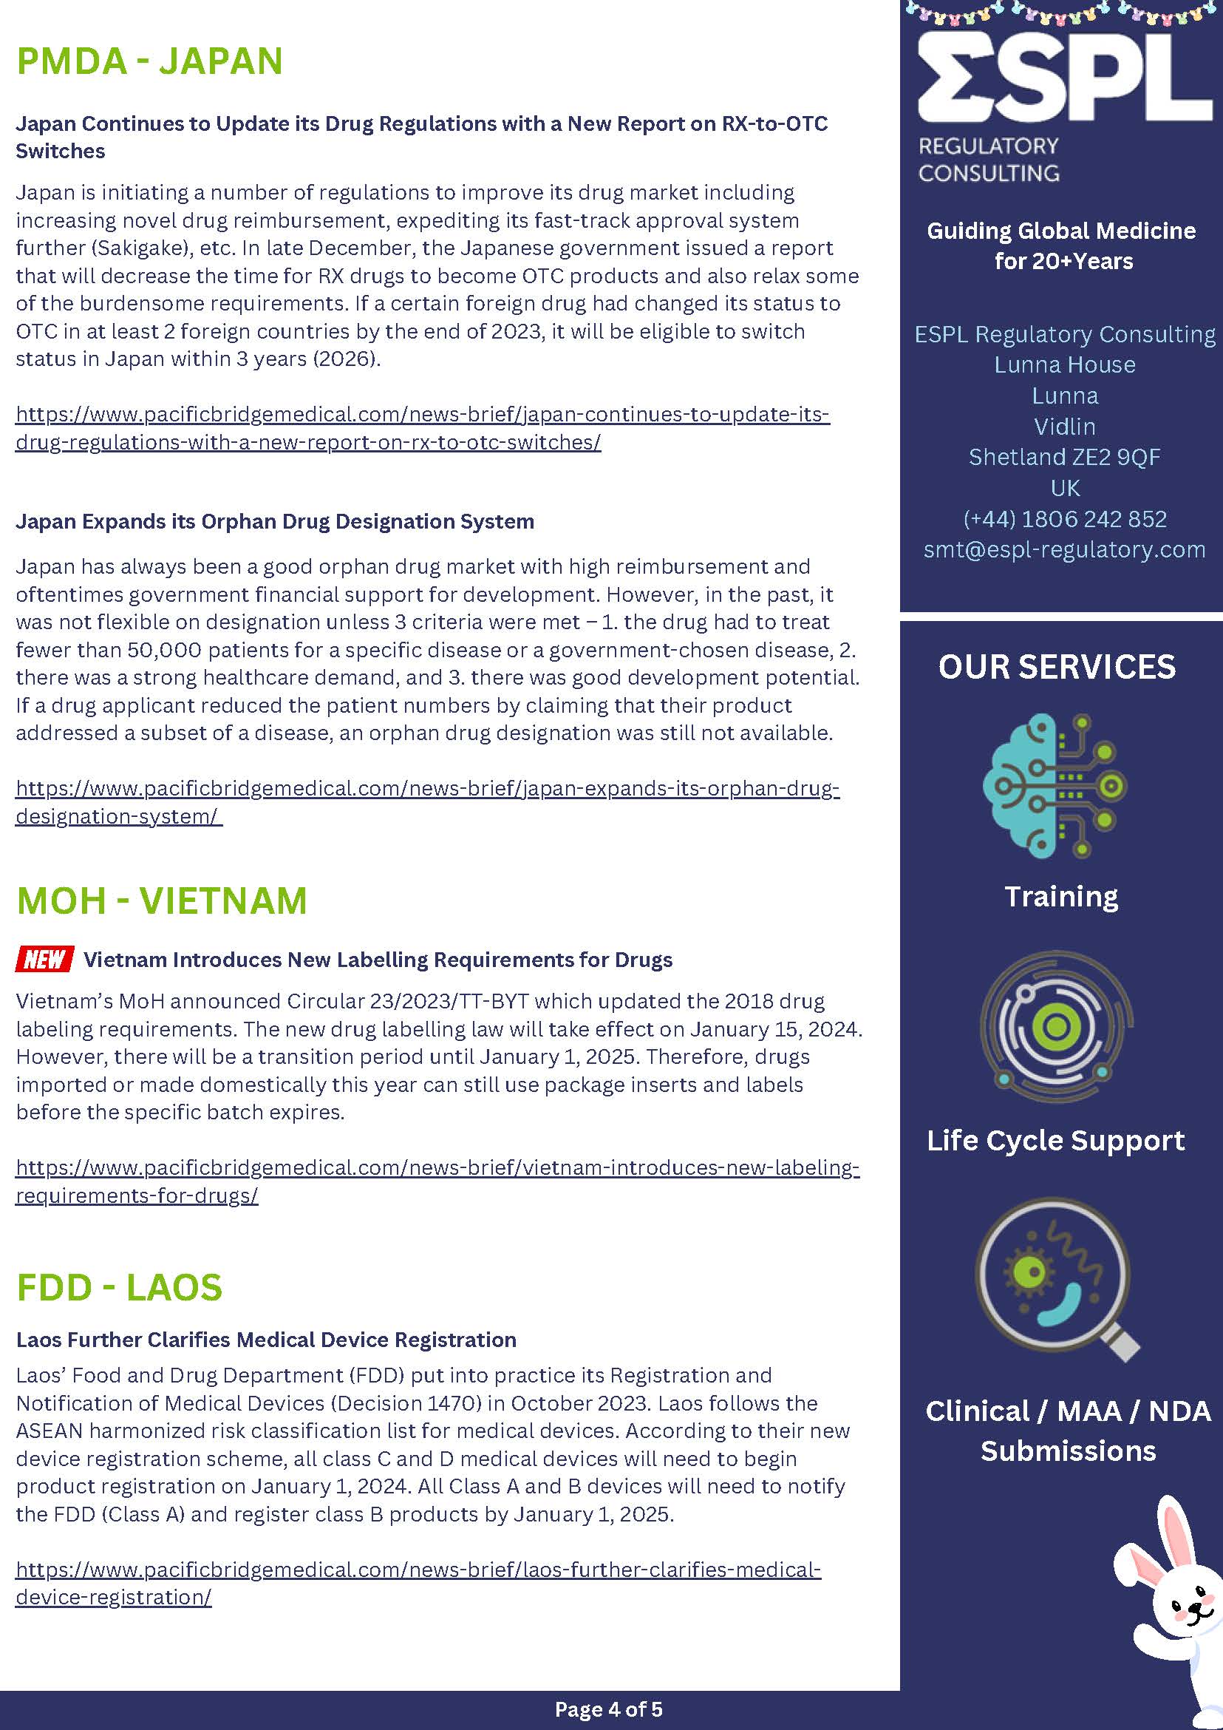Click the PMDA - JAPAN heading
149,61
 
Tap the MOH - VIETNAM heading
161,900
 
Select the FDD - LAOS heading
119,1288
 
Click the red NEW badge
44,959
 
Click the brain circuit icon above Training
1055,785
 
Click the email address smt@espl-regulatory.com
1064,549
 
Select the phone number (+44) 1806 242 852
1064,519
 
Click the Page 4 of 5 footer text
608,1709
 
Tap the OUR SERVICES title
1057,667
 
